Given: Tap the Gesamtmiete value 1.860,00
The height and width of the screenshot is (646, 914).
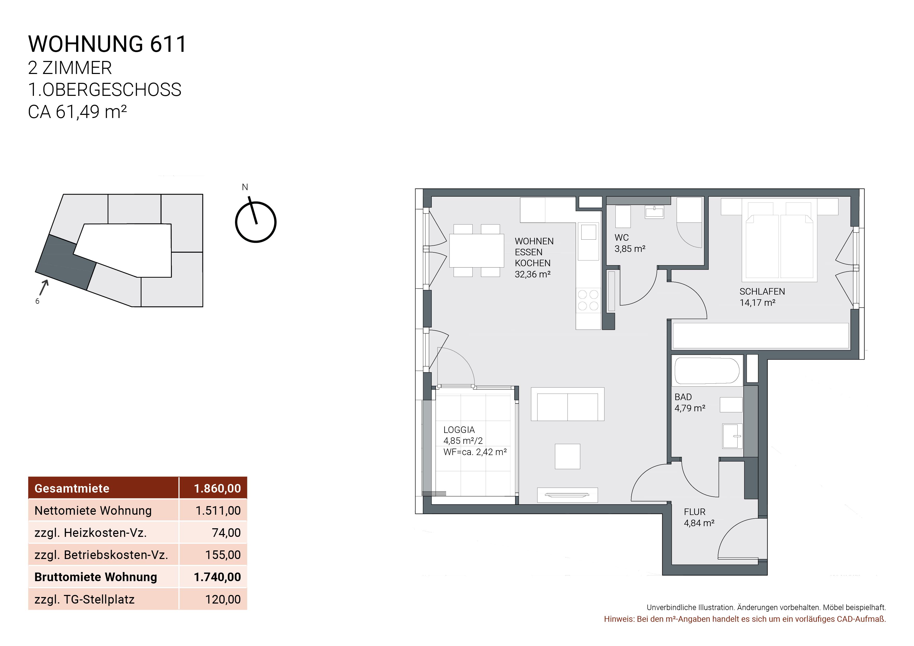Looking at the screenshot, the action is [x=217, y=488].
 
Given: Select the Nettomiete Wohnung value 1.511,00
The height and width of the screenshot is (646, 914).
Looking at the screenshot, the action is [x=218, y=511].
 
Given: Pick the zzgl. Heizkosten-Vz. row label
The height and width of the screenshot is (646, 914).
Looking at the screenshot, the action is [x=90, y=533].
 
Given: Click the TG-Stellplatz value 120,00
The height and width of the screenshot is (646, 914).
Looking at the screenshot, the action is [x=223, y=599].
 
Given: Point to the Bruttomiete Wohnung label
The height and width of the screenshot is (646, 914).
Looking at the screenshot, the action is [x=96, y=577].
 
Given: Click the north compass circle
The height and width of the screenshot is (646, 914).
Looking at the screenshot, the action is [x=256, y=222].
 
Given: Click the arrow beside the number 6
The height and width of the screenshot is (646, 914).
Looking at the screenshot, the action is [x=44, y=287].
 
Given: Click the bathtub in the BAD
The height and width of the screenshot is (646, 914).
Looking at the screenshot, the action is [x=707, y=371].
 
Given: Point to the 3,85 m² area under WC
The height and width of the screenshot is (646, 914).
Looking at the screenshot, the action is [x=630, y=249].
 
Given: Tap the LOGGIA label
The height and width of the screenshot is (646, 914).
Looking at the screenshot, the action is [x=459, y=430].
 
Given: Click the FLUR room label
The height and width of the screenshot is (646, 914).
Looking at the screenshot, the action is [x=695, y=512].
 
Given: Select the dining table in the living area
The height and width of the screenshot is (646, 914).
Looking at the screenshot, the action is [x=477, y=250].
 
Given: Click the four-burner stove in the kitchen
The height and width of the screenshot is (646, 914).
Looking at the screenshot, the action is [x=588, y=300].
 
